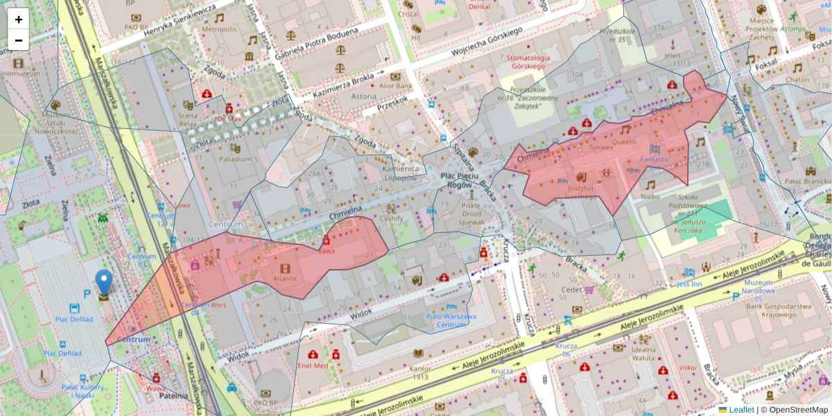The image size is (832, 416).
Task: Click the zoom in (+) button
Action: click(19, 19)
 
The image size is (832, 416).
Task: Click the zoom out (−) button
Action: click(19, 40)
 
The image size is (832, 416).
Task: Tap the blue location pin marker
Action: click(103, 284)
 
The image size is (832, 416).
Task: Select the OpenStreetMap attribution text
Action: click(798, 410)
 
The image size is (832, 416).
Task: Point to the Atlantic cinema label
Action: click(285, 279)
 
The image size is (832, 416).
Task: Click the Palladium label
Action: click(235, 159)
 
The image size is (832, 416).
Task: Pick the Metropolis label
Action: click(219, 29)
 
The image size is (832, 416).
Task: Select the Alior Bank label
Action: click(395, 86)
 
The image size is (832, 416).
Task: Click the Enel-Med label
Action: click(312, 365)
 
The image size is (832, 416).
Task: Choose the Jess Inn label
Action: click(689, 284)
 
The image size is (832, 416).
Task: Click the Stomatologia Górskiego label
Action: click(528, 62)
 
